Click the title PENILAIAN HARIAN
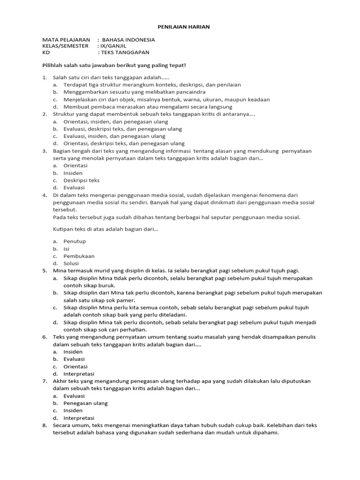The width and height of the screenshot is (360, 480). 180,27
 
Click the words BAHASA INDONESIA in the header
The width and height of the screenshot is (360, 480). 128,40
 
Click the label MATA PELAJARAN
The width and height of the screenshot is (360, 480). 66,40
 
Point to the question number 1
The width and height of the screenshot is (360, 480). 45,77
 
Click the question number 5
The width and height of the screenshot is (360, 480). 45,270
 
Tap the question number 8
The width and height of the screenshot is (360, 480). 45,425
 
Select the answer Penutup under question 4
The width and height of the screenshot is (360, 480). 75,241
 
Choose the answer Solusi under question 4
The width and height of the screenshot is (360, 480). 72,263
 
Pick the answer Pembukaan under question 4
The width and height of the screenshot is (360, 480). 79,256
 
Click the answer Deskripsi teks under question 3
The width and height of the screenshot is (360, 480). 82,180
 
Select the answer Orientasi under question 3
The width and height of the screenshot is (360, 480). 76,165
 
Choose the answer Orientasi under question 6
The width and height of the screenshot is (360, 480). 76,367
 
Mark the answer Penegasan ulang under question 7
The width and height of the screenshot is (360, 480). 86,403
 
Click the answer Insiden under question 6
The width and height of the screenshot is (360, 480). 73,352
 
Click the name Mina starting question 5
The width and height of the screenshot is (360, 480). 60,270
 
